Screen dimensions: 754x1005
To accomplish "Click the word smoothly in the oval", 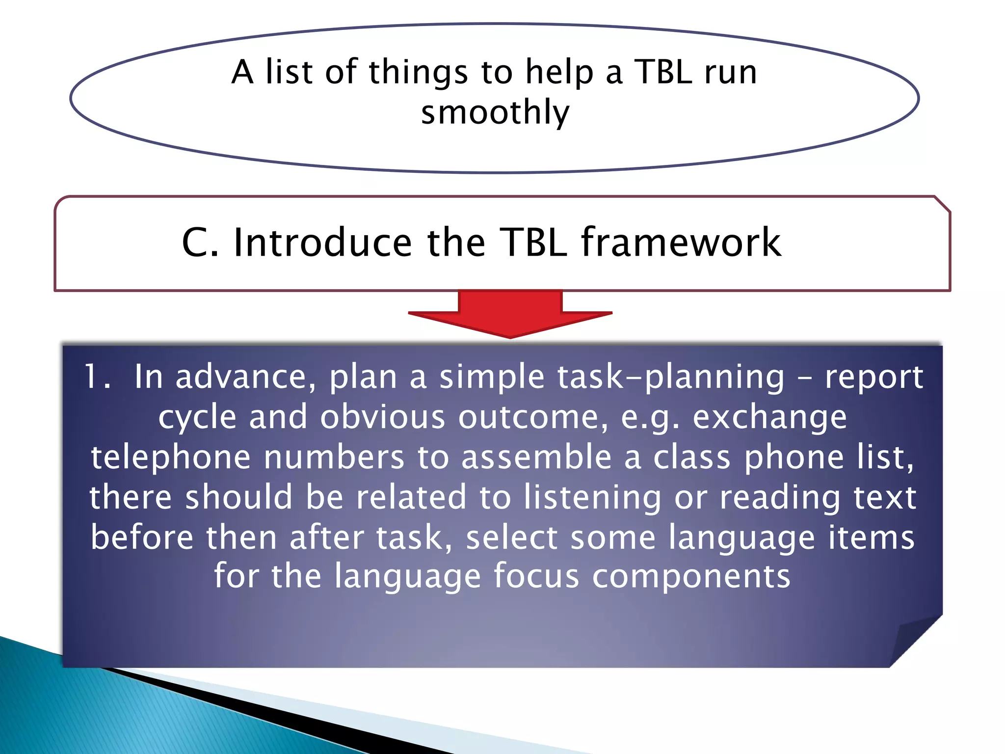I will coord(495,112).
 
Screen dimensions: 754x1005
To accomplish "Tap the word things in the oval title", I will coord(418,72).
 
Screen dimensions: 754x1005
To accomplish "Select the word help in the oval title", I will coord(559,72).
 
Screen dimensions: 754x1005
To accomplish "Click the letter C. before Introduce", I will coord(200,242).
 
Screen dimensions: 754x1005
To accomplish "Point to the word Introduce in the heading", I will coord(322,242).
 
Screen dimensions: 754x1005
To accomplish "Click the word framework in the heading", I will coord(681,242).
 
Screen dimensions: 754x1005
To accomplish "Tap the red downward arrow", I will coord(510,314).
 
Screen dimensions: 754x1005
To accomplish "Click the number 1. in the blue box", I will coord(97,377).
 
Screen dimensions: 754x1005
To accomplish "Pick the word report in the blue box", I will coord(874,377).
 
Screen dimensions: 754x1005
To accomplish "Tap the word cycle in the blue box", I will coord(198,417).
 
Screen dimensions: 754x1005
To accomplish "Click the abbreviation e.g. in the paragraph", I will coord(650,417).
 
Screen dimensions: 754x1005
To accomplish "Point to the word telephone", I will coord(171,458).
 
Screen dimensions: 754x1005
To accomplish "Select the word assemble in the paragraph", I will coord(536,458).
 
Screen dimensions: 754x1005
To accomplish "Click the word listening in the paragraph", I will coord(592,497).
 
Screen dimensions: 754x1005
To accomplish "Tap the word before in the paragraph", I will coord(142,537).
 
